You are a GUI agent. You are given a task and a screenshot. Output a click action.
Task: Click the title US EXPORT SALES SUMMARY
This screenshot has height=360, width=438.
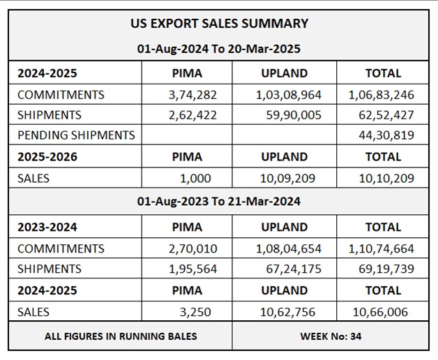(x=219, y=23)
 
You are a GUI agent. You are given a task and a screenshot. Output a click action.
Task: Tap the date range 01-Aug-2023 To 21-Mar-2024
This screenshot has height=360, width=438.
(x=219, y=202)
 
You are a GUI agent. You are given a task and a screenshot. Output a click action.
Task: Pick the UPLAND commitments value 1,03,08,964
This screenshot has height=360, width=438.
(x=283, y=95)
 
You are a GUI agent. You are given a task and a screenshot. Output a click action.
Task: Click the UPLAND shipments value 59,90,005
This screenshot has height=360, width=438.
(x=292, y=115)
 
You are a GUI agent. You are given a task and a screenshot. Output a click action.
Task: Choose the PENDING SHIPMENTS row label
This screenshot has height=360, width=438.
(x=75, y=135)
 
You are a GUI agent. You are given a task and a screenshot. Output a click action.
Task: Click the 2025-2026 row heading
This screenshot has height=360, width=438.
(x=47, y=157)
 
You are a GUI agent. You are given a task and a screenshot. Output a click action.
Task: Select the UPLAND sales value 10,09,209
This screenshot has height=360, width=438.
(x=287, y=179)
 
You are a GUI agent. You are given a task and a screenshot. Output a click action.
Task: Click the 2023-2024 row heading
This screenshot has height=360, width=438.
(x=47, y=227)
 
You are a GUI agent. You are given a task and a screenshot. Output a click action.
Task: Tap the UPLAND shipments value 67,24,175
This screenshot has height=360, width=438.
(x=292, y=269)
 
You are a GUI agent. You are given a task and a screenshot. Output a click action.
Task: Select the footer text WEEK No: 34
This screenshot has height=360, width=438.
(x=331, y=336)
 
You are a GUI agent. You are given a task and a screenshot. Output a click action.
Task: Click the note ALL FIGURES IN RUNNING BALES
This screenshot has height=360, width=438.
(x=121, y=336)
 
